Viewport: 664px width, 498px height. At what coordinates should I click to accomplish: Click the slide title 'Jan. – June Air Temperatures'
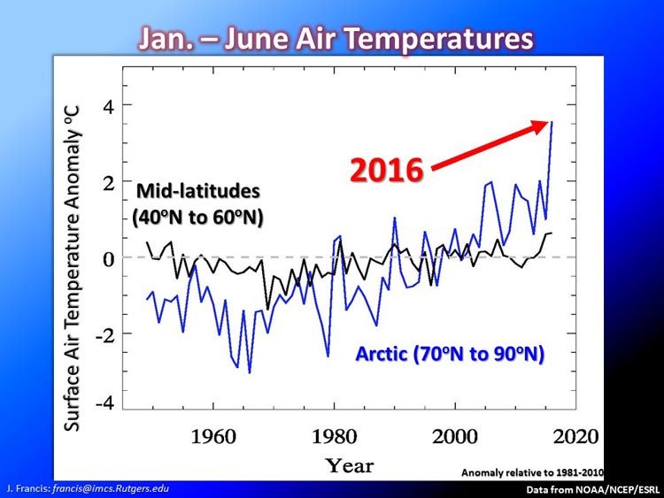[x=336, y=39]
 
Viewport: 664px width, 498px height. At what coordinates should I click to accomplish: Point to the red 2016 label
[x=387, y=170]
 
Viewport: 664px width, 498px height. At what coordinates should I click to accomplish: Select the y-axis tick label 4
[x=108, y=107]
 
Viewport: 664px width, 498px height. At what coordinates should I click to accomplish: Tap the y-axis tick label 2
[x=109, y=183]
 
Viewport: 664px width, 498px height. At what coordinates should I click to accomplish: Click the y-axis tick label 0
[x=109, y=259]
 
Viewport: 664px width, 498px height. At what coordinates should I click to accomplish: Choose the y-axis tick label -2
[x=105, y=335]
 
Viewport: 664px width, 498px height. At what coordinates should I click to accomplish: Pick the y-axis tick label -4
[x=105, y=402]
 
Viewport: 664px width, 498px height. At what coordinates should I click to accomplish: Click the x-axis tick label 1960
[x=213, y=436]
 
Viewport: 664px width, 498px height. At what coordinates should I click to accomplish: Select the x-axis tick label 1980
[x=334, y=436]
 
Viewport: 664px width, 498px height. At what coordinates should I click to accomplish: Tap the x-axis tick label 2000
[x=455, y=436]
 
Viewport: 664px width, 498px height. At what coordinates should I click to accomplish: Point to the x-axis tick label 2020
[x=576, y=436]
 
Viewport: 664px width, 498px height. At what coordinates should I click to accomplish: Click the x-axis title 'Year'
[x=350, y=466]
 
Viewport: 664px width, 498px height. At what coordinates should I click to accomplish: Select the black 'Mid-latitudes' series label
[x=197, y=191]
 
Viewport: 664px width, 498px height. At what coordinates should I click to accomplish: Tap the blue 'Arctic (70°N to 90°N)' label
[x=450, y=354]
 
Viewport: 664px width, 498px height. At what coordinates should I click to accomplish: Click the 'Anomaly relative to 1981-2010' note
[x=532, y=472]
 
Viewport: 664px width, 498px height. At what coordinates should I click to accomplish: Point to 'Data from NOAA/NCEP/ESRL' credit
[x=593, y=490]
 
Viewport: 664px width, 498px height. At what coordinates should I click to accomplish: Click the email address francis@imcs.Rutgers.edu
[x=111, y=488]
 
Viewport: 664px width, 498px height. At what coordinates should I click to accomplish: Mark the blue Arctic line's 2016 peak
[x=552, y=122]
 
